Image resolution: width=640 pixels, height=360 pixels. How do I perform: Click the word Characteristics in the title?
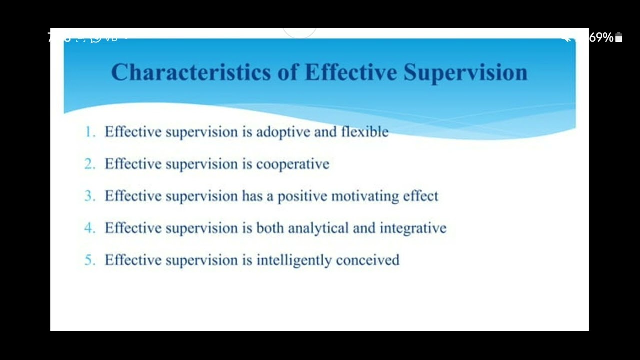(190, 72)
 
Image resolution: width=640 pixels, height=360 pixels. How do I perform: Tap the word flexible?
(364, 132)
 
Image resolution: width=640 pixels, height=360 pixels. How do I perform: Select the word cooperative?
(292, 165)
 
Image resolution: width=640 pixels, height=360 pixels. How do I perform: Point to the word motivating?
(365, 197)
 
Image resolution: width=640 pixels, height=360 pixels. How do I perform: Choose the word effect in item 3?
(420, 196)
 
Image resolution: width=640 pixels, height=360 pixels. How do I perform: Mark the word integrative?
(413, 229)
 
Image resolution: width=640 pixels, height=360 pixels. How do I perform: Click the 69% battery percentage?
(601, 38)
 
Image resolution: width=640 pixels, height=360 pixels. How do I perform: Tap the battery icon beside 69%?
(619, 38)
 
